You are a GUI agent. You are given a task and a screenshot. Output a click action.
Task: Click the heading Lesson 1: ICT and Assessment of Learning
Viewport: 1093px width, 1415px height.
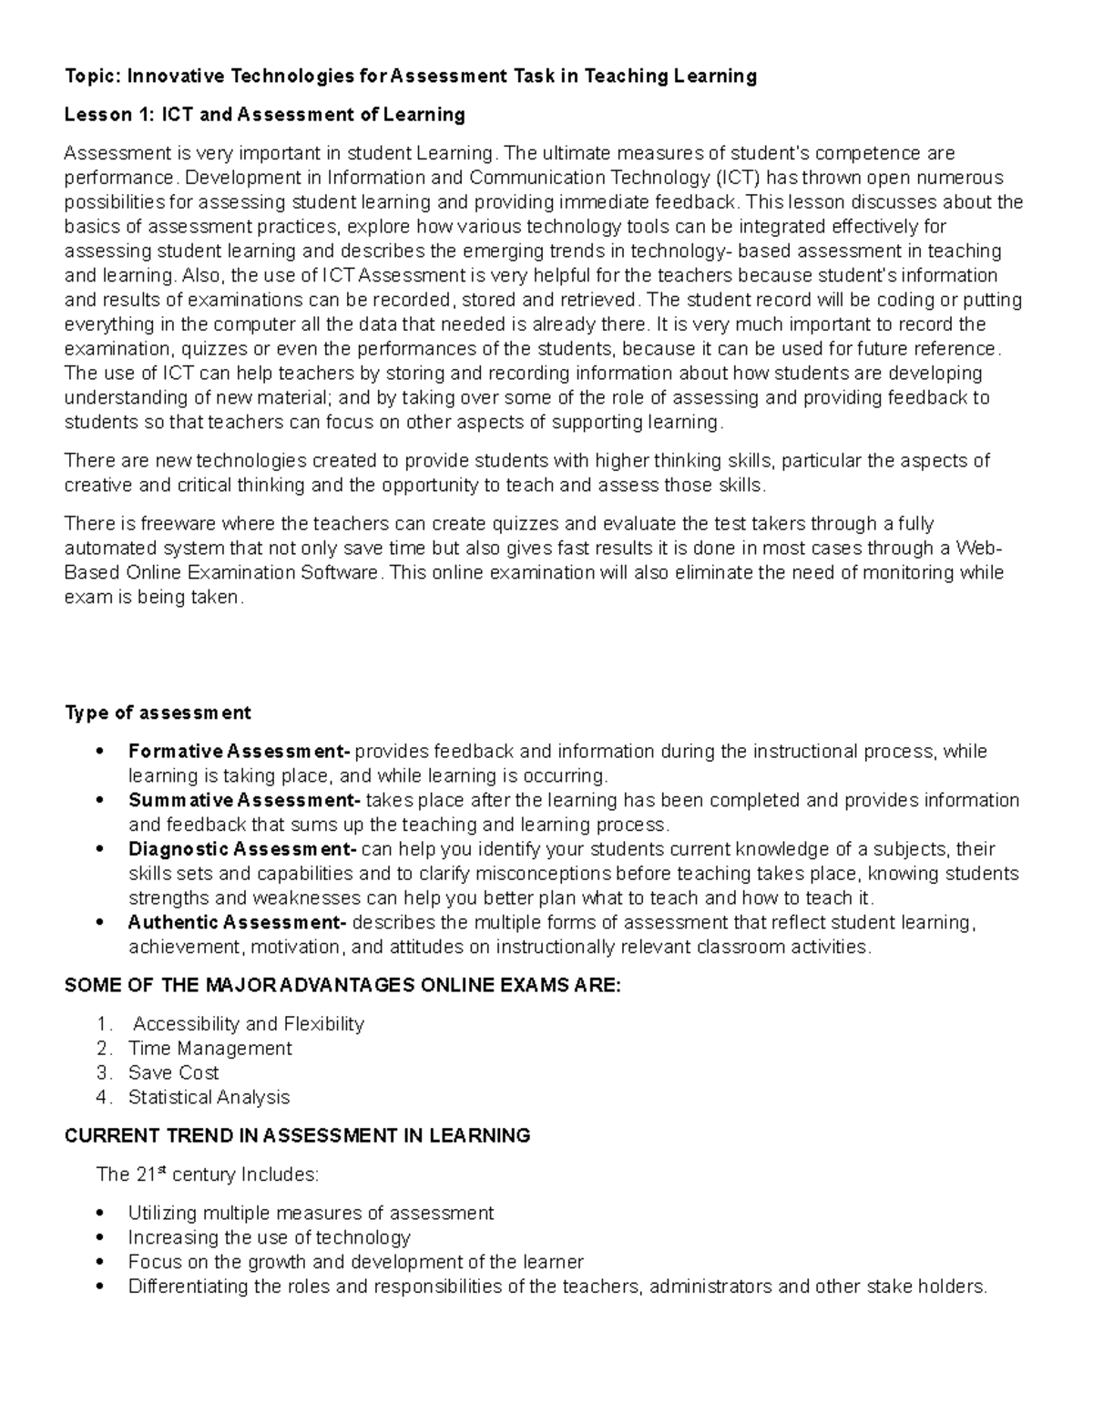pyautogui.click(x=264, y=115)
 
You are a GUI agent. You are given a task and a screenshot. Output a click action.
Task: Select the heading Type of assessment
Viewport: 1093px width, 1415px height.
pyautogui.click(x=158, y=713)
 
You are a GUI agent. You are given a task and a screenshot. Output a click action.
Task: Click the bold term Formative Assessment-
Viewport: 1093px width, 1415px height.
pyautogui.click(x=239, y=752)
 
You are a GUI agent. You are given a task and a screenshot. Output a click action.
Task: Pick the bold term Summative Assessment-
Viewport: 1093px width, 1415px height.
pyautogui.click(x=244, y=801)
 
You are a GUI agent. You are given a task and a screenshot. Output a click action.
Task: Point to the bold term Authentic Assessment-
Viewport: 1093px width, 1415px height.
pyautogui.click(x=237, y=923)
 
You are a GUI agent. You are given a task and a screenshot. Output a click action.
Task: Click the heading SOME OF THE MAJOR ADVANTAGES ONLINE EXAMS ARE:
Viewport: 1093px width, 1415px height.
pyautogui.click(x=342, y=986)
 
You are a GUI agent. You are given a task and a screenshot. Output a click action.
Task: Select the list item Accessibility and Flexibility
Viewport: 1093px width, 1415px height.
pyautogui.click(x=249, y=1024)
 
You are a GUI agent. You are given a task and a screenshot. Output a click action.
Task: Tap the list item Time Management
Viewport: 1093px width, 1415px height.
pyautogui.click(x=209, y=1049)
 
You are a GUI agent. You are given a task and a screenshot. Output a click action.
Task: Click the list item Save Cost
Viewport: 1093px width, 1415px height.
pyautogui.click(x=173, y=1073)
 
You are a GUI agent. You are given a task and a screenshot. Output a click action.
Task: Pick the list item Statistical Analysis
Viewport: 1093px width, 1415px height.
pyautogui.click(x=209, y=1098)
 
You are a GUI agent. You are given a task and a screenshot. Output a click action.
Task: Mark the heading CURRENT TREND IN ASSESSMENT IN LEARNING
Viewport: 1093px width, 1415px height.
pyautogui.click(x=297, y=1136)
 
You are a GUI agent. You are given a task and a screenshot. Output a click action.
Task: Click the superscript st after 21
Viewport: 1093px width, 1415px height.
pyautogui.click(x=163, y=1170)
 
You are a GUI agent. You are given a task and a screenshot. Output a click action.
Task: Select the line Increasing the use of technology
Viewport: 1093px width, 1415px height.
pyautogui.click(x=269, y=1238)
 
